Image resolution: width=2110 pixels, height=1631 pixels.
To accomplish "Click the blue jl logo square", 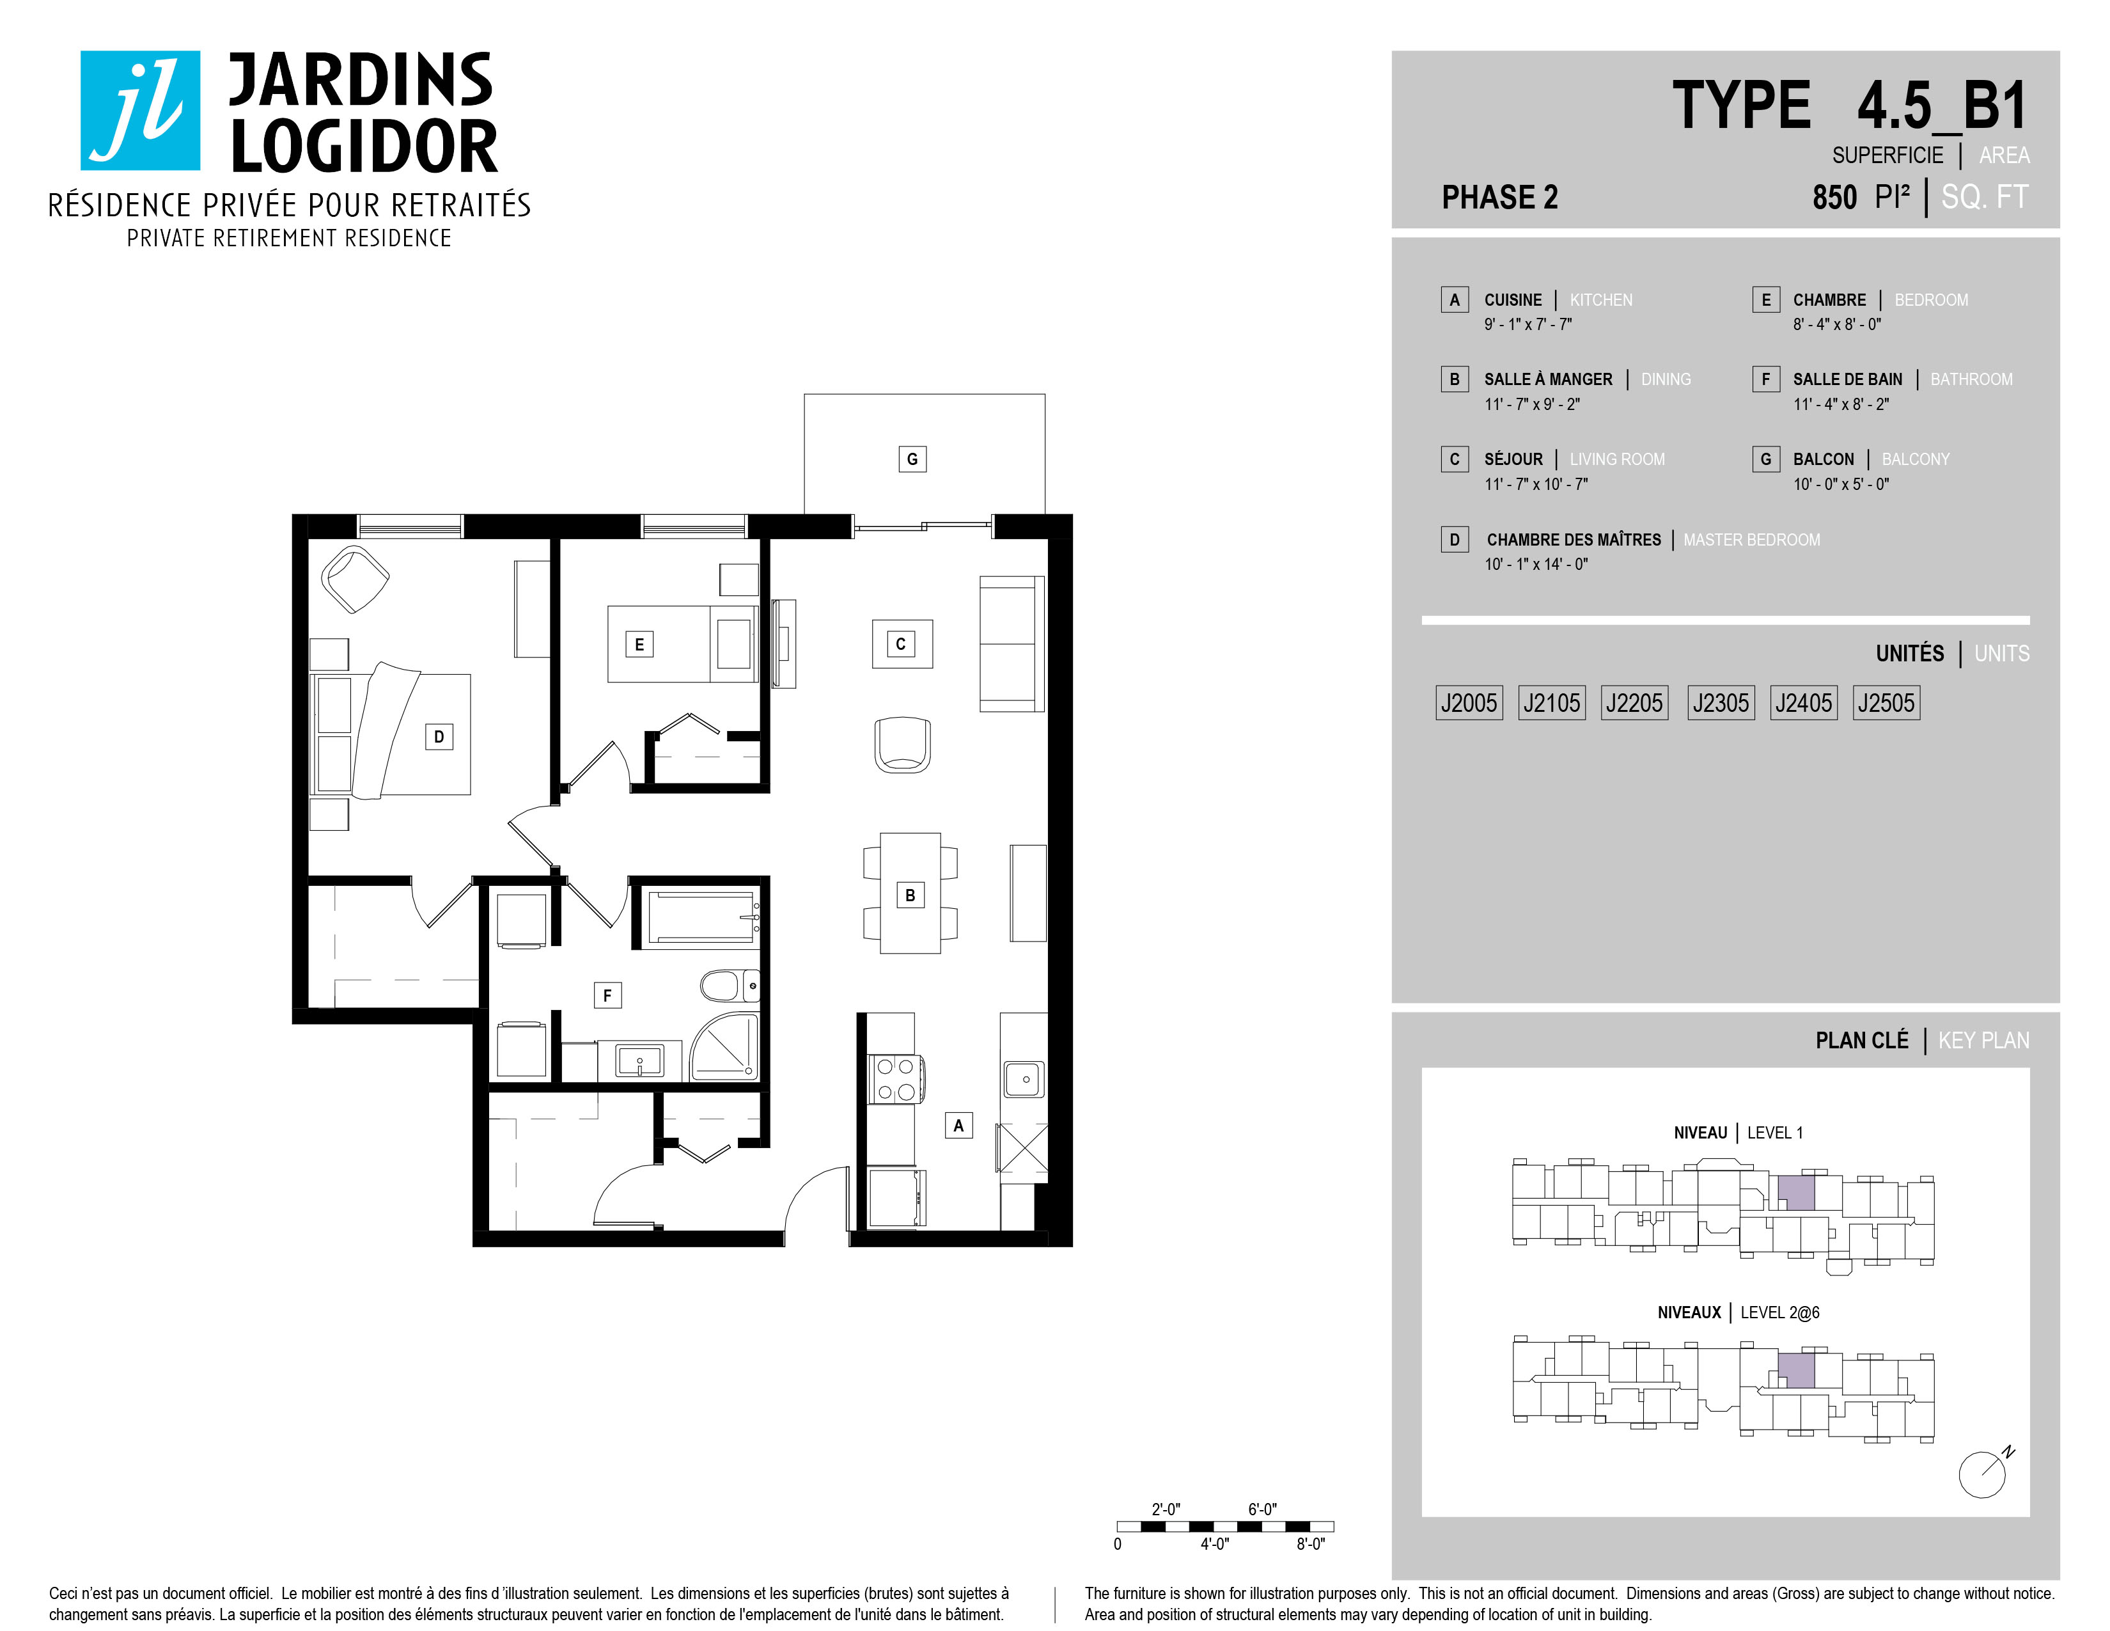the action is pyautogui.click(x=140, y=110).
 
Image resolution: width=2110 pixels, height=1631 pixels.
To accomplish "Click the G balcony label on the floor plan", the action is pyautogui.click(x=912, y=459).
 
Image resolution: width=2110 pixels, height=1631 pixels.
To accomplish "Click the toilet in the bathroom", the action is pyautogui.click(x=730, y=986).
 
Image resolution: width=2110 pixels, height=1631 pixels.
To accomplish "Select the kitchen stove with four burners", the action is pyautogui.click(x=896, y=1079).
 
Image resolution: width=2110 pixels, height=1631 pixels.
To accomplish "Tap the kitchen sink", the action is pyautogui.click(x=1024, y=1079).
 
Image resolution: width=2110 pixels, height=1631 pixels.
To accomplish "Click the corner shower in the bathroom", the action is pyautogui.click(x=724, y=1046).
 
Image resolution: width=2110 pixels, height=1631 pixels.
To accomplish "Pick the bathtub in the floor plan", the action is pyautogui.click(x=702, y=916).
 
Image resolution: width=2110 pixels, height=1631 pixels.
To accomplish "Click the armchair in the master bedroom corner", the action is pyautogui.click(x=355, y=579).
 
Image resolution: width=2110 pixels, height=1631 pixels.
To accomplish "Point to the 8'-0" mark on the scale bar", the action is pyautogui.click(x=1311, y=1544).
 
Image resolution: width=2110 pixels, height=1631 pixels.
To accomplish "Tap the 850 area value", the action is pyautogui.click(x=1834, y=197).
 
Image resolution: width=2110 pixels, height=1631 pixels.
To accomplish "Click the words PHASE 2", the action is pyautogui.click(x=1499, y=197).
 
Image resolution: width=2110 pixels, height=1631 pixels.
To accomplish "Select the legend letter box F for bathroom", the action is pyautogui.click(x=1766, y=379).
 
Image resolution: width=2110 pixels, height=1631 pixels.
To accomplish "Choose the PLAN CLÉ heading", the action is pyautogui.click(x=1862, y=1041).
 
